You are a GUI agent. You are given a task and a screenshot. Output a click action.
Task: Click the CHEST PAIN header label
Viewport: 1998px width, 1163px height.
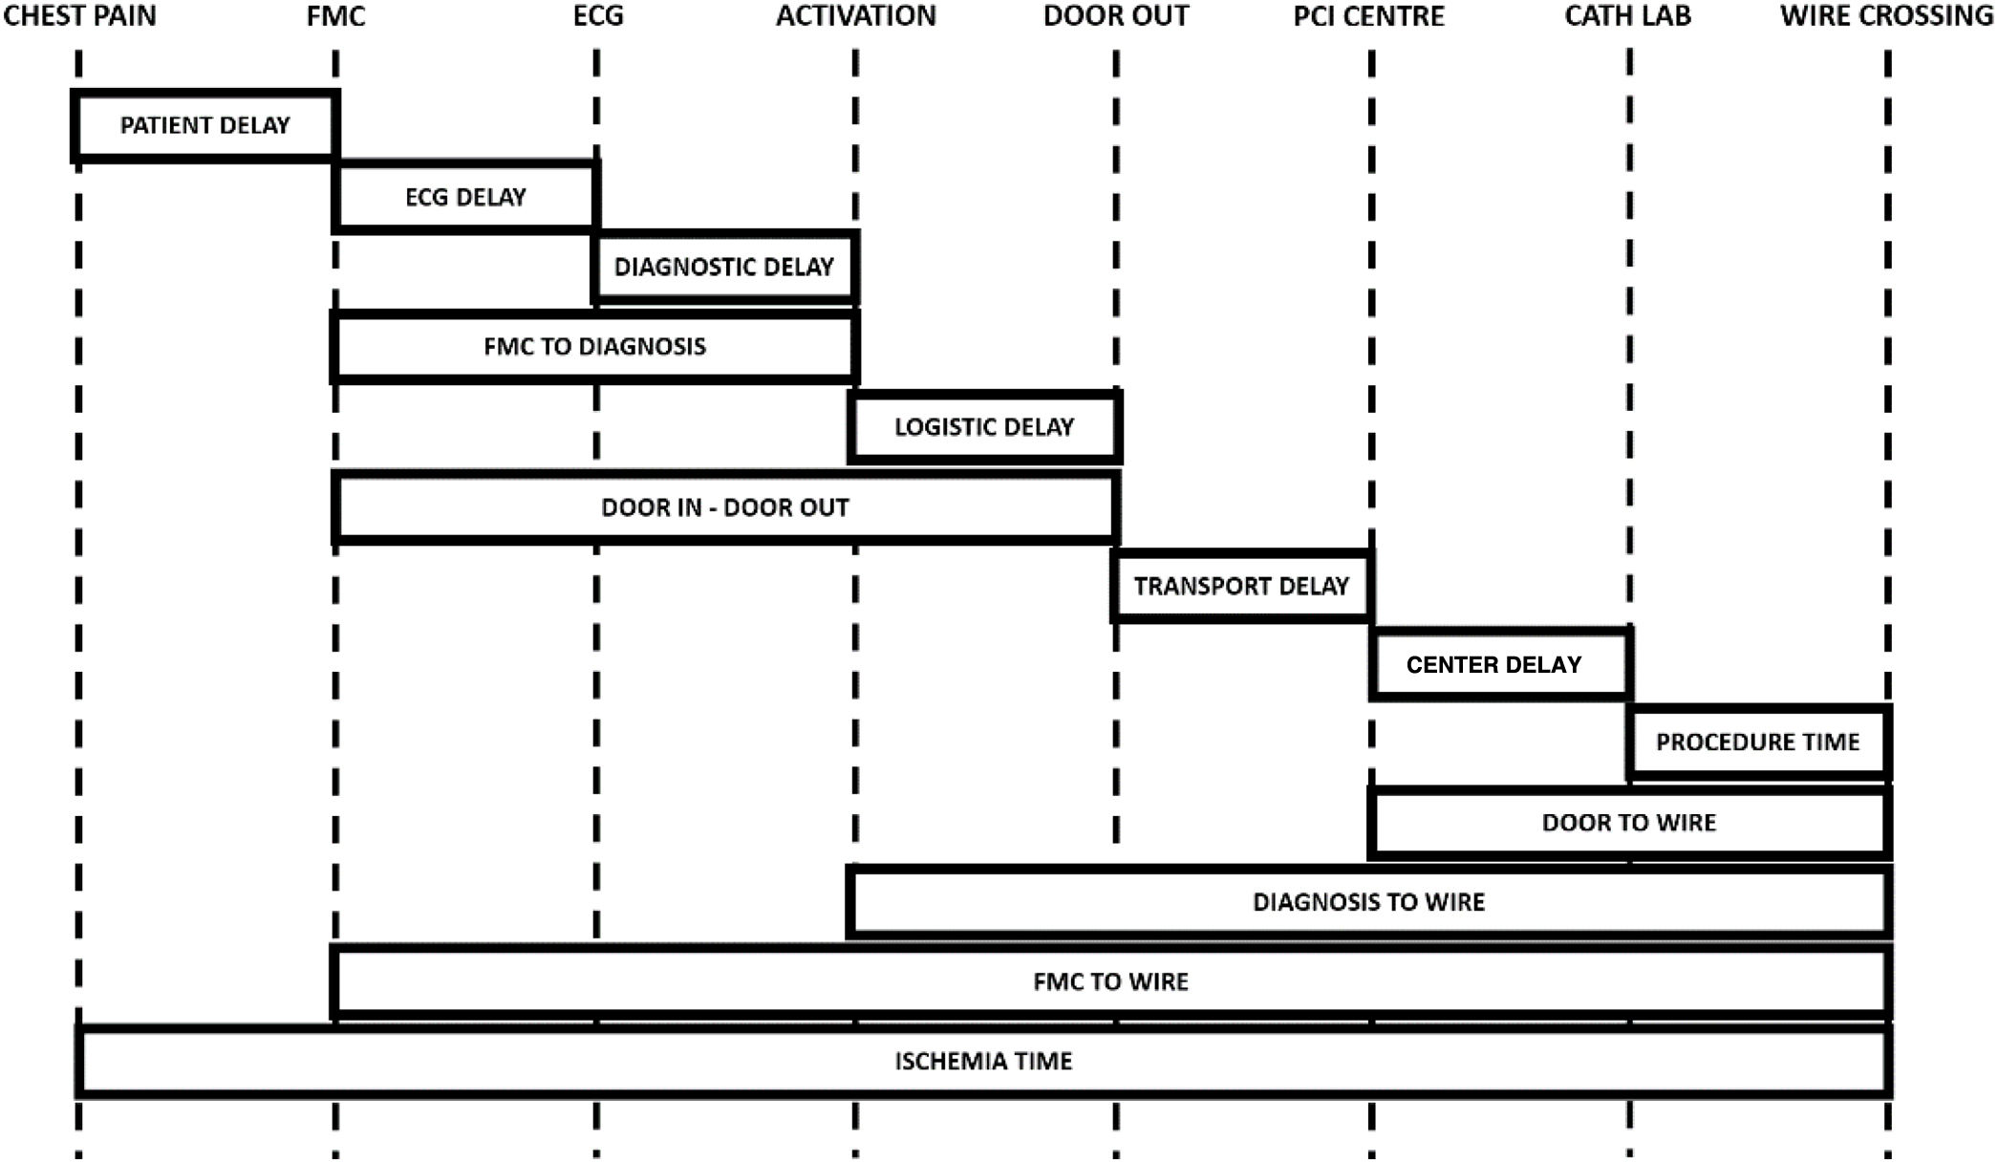click(79, 16)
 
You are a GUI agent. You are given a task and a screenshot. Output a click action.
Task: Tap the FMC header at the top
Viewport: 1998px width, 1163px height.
click(335, 16)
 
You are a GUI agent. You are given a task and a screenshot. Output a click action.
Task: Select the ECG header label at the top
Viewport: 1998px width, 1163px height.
click(598, 16)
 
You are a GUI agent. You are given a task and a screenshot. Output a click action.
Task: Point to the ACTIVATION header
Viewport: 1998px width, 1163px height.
click(855, 16)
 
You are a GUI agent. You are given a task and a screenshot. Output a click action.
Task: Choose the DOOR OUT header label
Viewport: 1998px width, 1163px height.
click(1115, 16)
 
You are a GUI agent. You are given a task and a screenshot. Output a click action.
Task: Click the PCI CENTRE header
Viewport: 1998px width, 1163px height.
click(1368, 16)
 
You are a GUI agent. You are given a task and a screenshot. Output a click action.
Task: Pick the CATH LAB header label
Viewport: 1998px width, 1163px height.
click(1627, 16)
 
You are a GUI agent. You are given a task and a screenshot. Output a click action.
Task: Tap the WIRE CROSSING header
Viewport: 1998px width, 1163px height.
click(1886, 16)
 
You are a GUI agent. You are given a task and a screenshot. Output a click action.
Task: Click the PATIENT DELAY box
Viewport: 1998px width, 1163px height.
click(204, 125)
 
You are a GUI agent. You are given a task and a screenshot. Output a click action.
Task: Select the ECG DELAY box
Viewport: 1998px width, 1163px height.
click(465, 197)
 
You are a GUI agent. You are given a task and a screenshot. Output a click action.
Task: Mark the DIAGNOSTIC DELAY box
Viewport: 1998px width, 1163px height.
click(723, 267)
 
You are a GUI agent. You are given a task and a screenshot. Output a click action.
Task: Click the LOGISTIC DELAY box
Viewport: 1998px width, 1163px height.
click(983, 426)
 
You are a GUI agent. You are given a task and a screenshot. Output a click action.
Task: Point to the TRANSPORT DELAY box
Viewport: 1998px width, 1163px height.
click(1241, 586)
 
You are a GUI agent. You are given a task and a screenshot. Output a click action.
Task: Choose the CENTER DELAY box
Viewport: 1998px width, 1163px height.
click(1493, 664)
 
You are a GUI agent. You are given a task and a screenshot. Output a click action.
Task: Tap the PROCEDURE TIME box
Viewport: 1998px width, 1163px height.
click(1757, 742)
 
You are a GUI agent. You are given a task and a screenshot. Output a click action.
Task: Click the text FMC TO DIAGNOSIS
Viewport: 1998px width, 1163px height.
click(594, 346)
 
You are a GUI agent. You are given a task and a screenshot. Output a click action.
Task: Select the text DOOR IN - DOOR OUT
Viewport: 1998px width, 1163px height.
click(724, 507)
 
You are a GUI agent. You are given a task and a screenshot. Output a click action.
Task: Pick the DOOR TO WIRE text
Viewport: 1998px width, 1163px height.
click(1628, 822)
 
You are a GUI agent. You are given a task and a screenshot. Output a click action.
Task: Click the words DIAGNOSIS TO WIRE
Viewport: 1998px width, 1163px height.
click(1368, 902)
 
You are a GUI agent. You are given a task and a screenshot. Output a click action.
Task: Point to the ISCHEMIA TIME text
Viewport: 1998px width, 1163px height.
click(983, 1061)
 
